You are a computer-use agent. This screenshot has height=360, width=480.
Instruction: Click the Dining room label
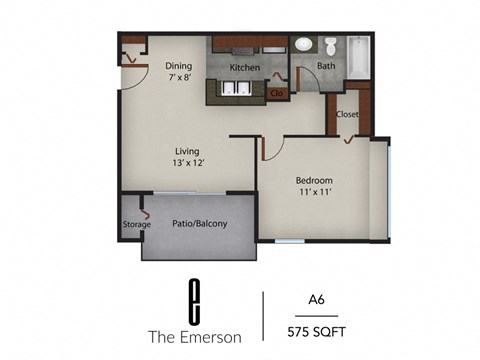point(178,67)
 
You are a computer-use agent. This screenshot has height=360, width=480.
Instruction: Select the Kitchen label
point(245,68)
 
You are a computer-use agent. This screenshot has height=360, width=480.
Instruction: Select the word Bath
point(326,67)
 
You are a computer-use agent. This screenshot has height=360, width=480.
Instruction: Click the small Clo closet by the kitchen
point(276,94)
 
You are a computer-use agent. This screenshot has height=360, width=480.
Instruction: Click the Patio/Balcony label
point(200,224)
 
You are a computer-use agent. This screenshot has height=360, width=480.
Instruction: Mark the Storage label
point(137,225)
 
